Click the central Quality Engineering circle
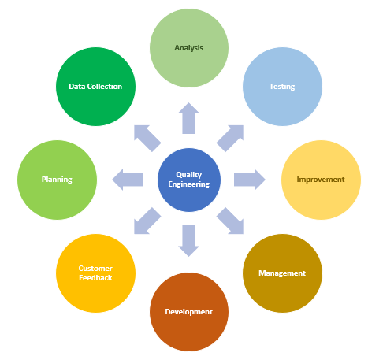pos(189,180)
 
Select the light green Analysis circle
pos(189,47)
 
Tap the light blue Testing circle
pos(281,86)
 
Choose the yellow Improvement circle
pos(320,180)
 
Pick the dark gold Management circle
pos(281,273)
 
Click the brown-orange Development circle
pos(189,311)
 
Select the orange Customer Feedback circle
pos(95,273)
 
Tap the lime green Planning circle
pos(57,180)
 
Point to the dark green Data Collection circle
pos(95,86)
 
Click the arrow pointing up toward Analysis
pos(189,118)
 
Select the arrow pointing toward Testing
pos(232,136)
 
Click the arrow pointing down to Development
pos(189,240)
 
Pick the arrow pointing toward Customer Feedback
pos(146,222)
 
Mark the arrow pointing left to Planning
pos(128,180)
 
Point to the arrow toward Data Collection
pos(146,136)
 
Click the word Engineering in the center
pos(189,184)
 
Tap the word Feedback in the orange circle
pos(95,278)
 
